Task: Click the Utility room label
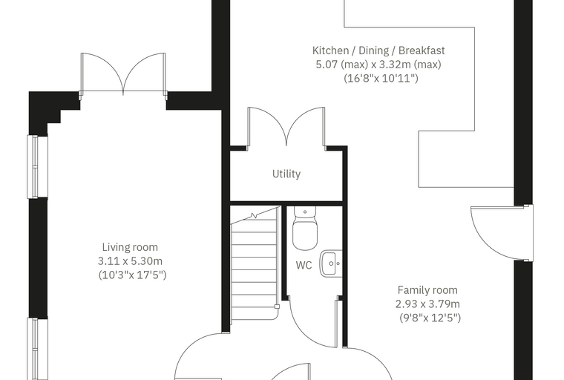pyautogui.click(x=286, y=174)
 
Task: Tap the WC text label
pyautogui.click(x=304, y=265)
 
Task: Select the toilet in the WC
pyautogui.click(x=305, y=228)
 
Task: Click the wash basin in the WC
pyautogui.click(x=331, y=263)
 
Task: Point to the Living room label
pyautogui.click(x=130, y=247)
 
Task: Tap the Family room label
pyautogui.click(x=427, y=290)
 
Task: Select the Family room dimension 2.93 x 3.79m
pyautogui.click(x=427, y=304)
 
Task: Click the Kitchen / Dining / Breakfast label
pyautogui.click(x=378, y=50)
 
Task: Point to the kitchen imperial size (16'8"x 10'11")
pyautogui.click(x=381, y=78)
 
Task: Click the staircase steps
pyautogui.click(x=255, y=264)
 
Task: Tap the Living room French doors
pyautogui.click(x=123, y=73)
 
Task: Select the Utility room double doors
pyautogui.click(x=286, y=127)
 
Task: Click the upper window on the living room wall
pyautogui.click(x=37, y=166)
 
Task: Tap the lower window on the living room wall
pyautogui.click(x=37, y=349)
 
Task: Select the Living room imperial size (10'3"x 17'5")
pyautogui.click(x=132, y=275)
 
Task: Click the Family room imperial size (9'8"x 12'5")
pyautogui.click(x=430, y=318)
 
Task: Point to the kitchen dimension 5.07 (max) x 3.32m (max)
pyautogui.click(x=378, y=65)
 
